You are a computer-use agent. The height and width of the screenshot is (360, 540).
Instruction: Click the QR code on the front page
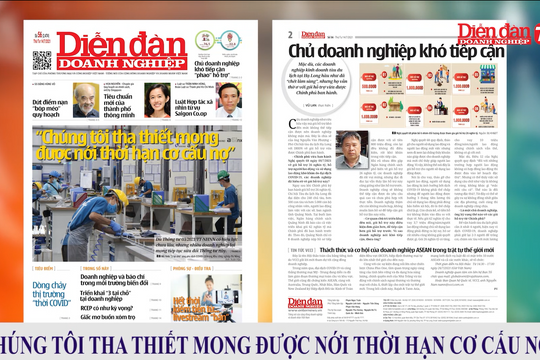(41, 60)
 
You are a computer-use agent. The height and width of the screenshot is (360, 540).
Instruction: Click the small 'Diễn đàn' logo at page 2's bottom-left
(305, 302)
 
